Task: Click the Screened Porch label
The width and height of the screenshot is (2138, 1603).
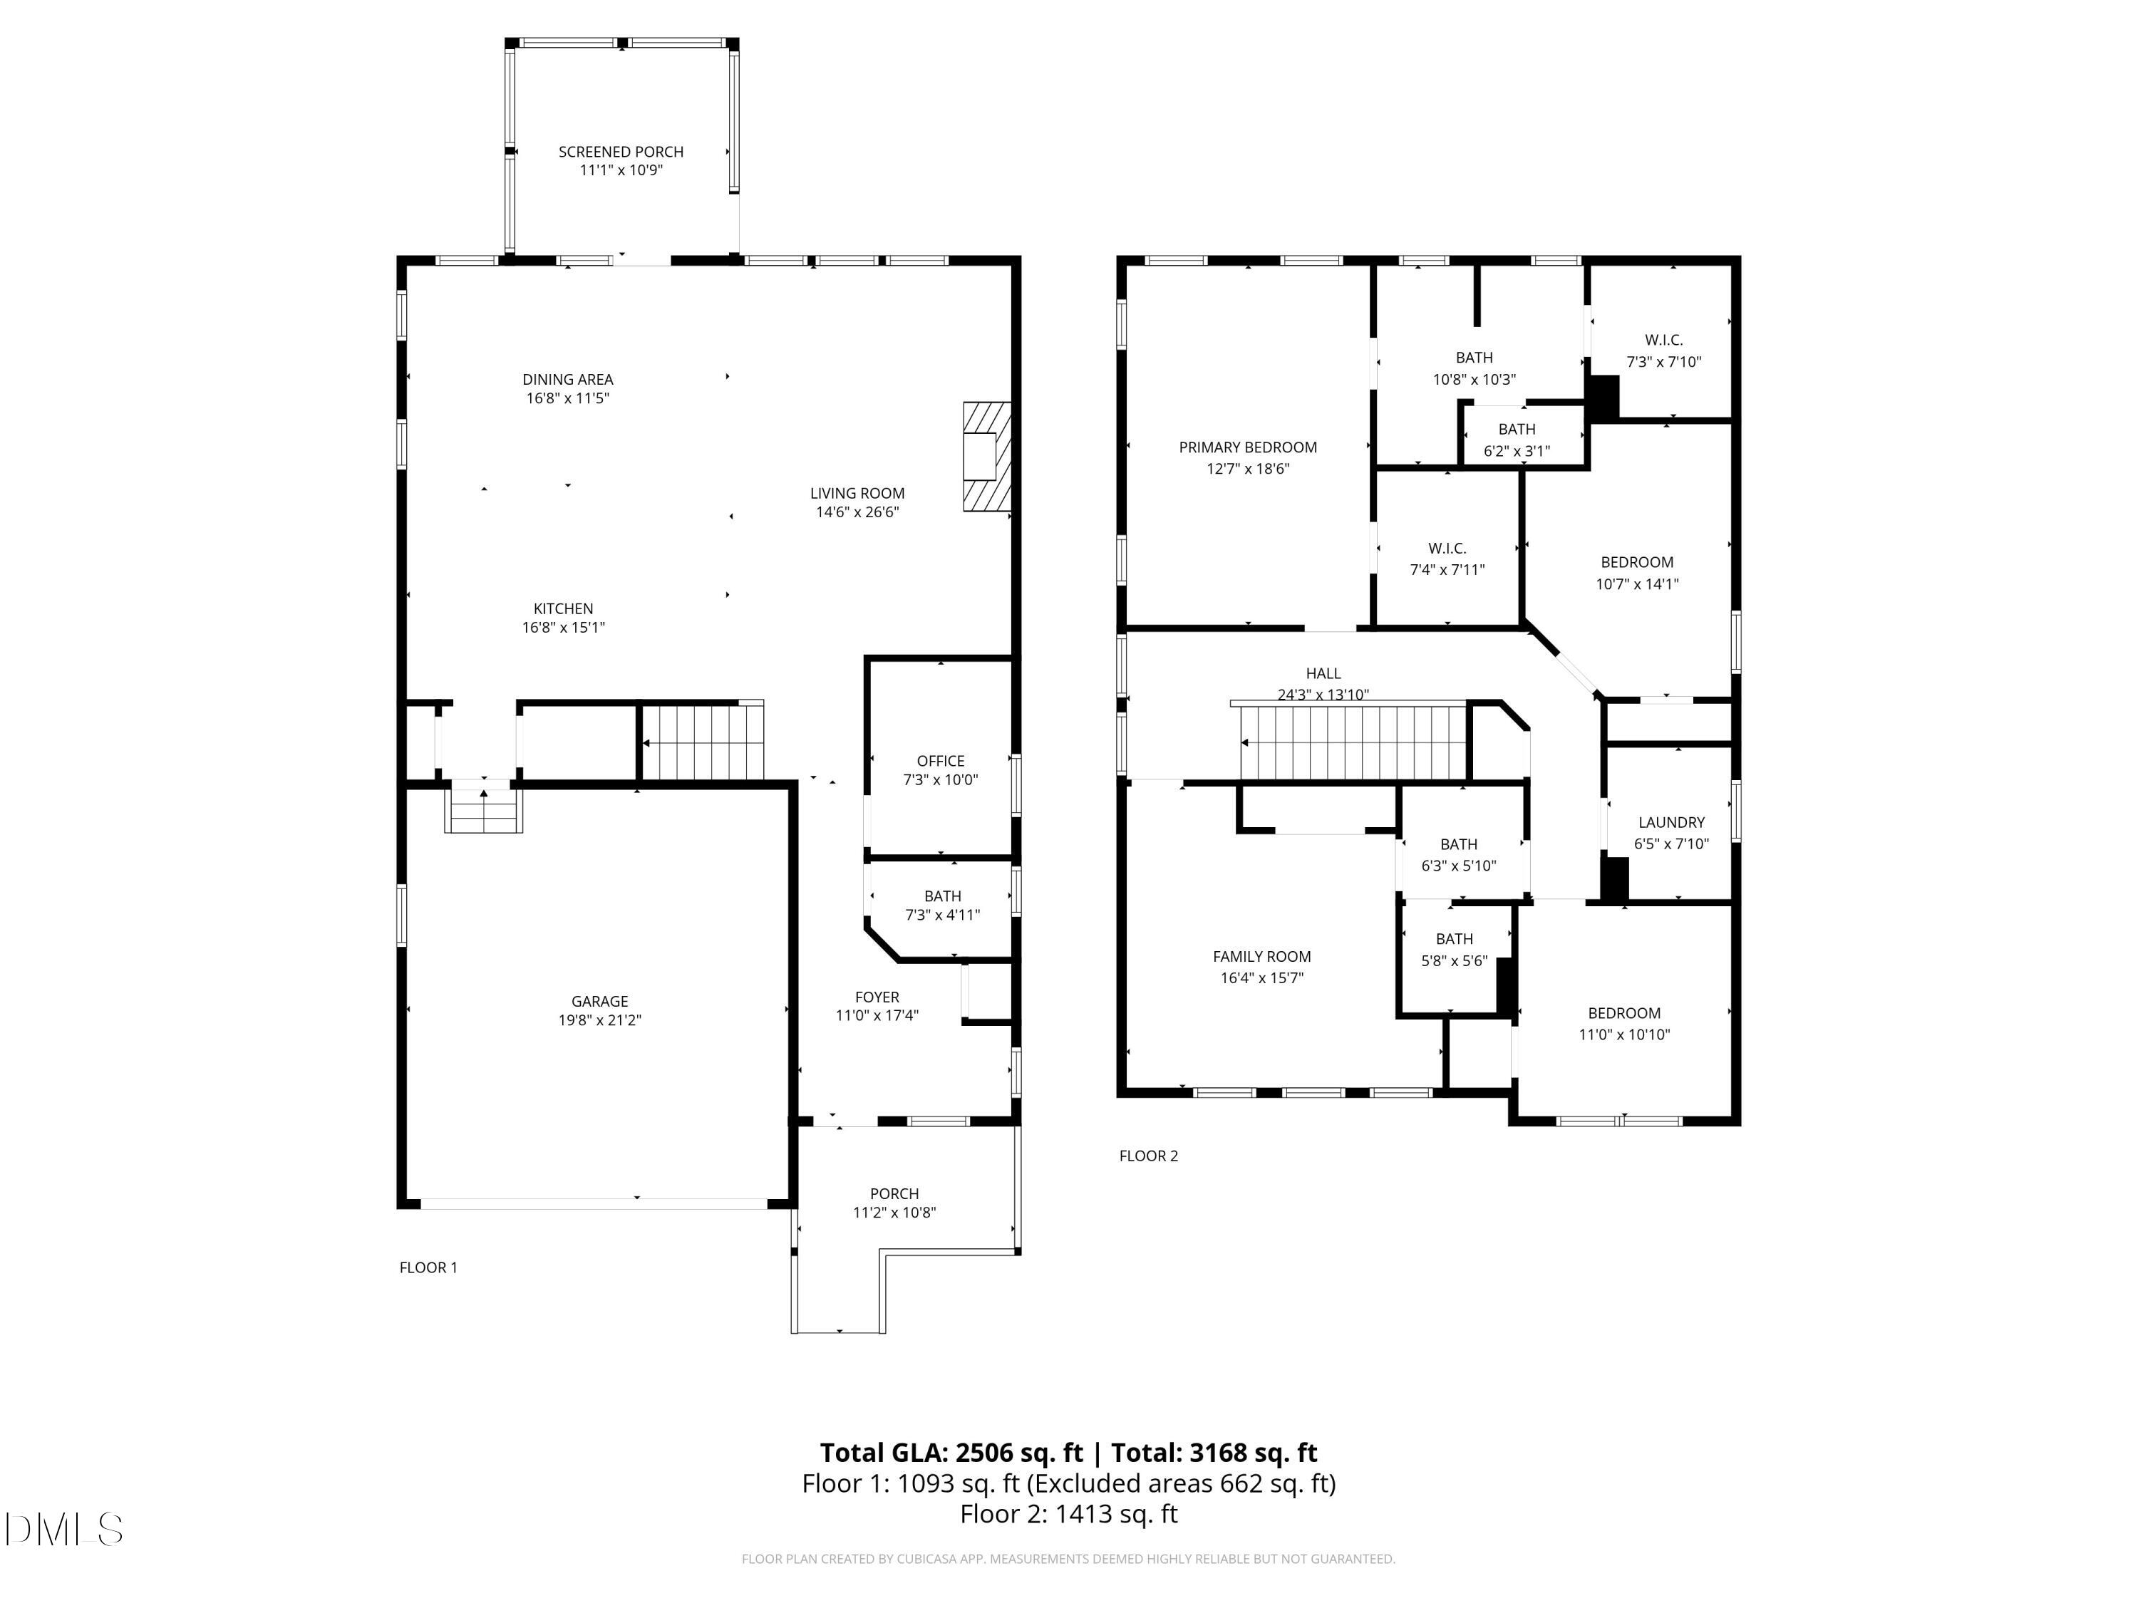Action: pos(621,152)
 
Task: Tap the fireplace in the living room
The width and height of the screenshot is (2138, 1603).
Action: pos(986,456)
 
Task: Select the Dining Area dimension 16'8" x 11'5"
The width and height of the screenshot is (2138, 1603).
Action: pos(567,398)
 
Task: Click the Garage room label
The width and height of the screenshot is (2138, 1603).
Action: pos(599,1001)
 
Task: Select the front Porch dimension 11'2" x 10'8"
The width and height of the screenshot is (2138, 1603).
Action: pos(894,1213)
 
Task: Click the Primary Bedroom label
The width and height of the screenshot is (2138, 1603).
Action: pos(1247,447)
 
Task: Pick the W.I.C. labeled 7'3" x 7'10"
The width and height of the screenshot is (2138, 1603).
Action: pos(1663,351)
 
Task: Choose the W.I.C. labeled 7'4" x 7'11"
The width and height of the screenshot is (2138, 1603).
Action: pos(1447,559)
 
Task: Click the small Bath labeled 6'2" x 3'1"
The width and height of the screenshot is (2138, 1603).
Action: pos(1517,440)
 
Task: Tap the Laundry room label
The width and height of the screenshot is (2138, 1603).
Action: pos(1671,822)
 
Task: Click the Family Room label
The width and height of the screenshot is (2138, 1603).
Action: pos(1261,957)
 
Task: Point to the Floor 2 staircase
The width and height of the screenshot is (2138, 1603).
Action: pos(1353,742)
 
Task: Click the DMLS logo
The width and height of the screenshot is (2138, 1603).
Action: pos(64,1529)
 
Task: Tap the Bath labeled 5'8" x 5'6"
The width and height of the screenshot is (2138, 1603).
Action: pos(1454,950)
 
